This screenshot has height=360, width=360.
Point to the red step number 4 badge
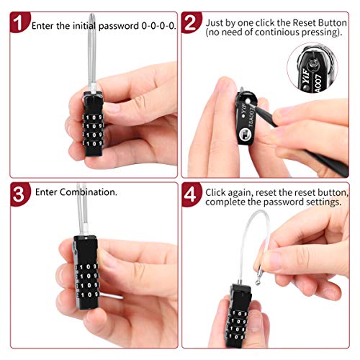point(191,195)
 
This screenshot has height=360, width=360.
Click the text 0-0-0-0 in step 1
point(158,25)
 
